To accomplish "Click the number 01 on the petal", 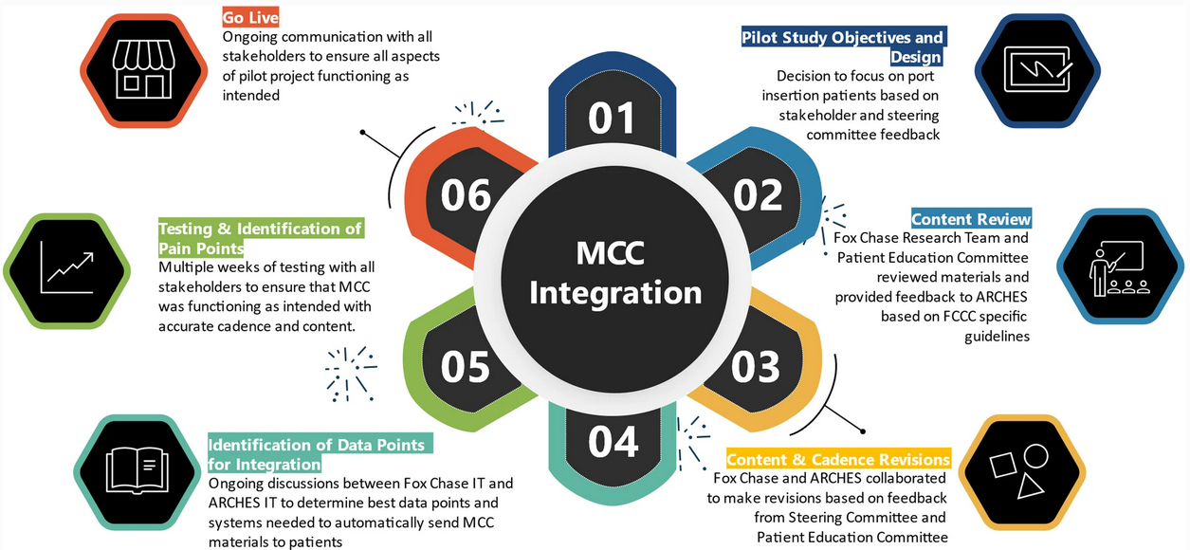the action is (612, 118).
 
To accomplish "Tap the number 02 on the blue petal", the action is (758, 195).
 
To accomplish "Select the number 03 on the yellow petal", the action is (756, 367).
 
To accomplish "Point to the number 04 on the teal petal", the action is (613, 442).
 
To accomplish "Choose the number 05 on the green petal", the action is (466, 367).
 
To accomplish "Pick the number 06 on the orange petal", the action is (466, 195).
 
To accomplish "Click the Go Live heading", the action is (250, 17).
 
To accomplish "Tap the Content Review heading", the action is (971, 219).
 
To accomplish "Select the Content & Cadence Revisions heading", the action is (838, 459).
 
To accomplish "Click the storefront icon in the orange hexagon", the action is (143, 69).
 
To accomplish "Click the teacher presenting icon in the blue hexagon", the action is (1118, 268).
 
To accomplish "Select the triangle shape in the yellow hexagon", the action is (1030, 487).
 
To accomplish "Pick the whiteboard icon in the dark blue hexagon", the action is (1038, 69).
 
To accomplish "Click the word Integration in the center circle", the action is (615, 293).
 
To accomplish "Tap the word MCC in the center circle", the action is (611, 253).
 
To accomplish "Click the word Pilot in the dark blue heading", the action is (759, 38).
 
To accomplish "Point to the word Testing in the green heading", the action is (186, 229).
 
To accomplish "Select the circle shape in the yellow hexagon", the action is (1035, 456).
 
